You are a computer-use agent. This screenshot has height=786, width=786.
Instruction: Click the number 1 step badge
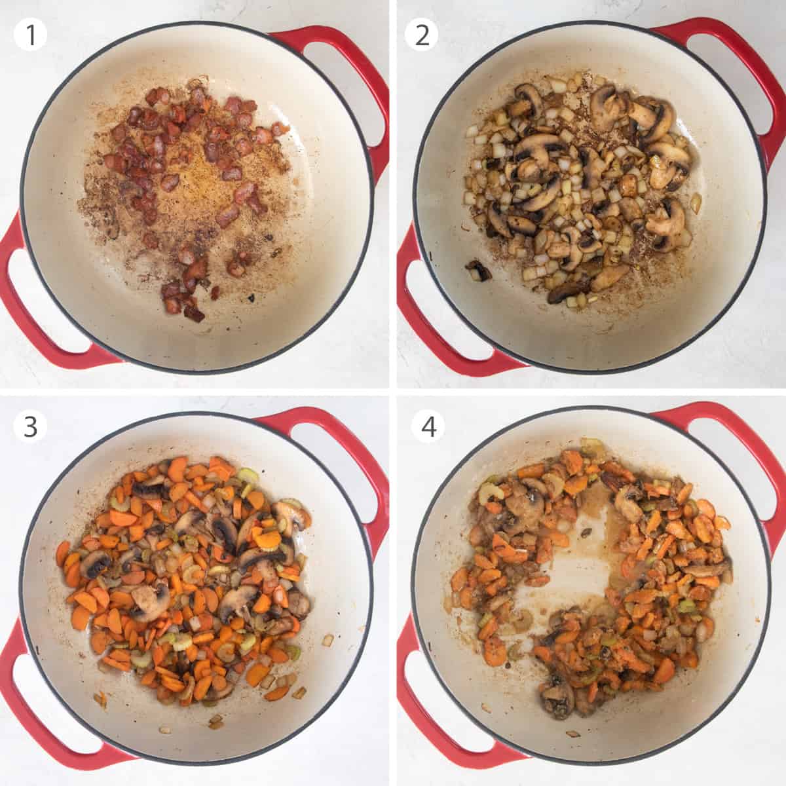coord(30,34)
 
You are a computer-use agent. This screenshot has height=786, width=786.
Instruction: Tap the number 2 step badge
coord(422,34)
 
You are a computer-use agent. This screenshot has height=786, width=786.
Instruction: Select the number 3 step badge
coord(30,426)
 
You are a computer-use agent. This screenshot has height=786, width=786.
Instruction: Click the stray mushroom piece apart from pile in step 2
coord(477,269)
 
